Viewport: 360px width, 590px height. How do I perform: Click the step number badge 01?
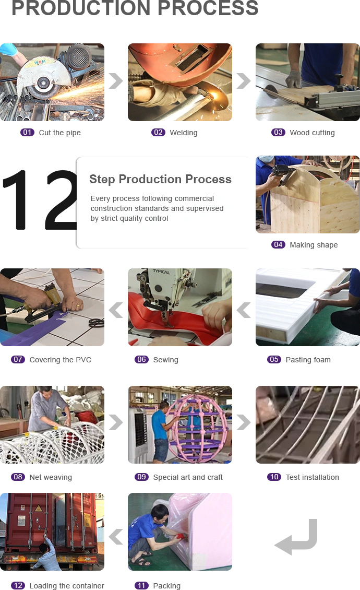[x=27, y=133]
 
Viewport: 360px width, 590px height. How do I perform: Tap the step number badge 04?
[x=278, y=245]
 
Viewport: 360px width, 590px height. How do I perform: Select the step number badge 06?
[x=142, y=360]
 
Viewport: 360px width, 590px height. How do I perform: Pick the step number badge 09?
[x=141, y=477]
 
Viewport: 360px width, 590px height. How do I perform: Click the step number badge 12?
[x=18, y=585]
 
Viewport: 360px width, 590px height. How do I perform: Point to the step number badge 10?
[x=274, y=477]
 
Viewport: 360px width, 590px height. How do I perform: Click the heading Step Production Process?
[x=160, y=180]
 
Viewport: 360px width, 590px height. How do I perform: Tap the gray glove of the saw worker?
[x=294, y=79]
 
